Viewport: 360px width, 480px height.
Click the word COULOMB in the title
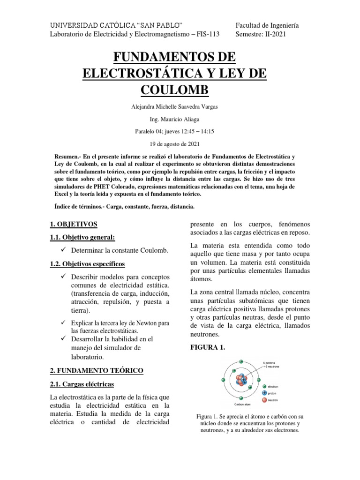pos(180,90)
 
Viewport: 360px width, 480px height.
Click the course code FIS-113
pos(210,35)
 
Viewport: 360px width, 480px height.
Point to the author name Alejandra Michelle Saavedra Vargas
pos(180,106)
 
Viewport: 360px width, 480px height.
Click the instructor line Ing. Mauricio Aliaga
pos(180,120)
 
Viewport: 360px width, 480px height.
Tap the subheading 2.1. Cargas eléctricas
pos(82,384)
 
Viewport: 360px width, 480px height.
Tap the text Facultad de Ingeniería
pos(267,25)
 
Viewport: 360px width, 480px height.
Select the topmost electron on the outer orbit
pos(241,361)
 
